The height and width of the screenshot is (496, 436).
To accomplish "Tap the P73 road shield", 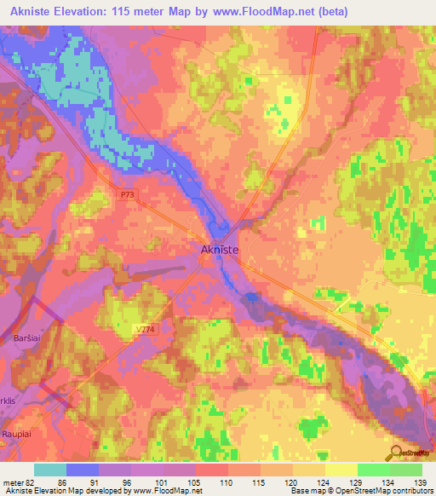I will [x=127, y=195].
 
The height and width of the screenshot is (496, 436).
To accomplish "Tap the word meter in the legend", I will [x=13, y=482].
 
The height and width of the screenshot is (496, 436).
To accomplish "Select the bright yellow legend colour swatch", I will [x=341, y=470].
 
